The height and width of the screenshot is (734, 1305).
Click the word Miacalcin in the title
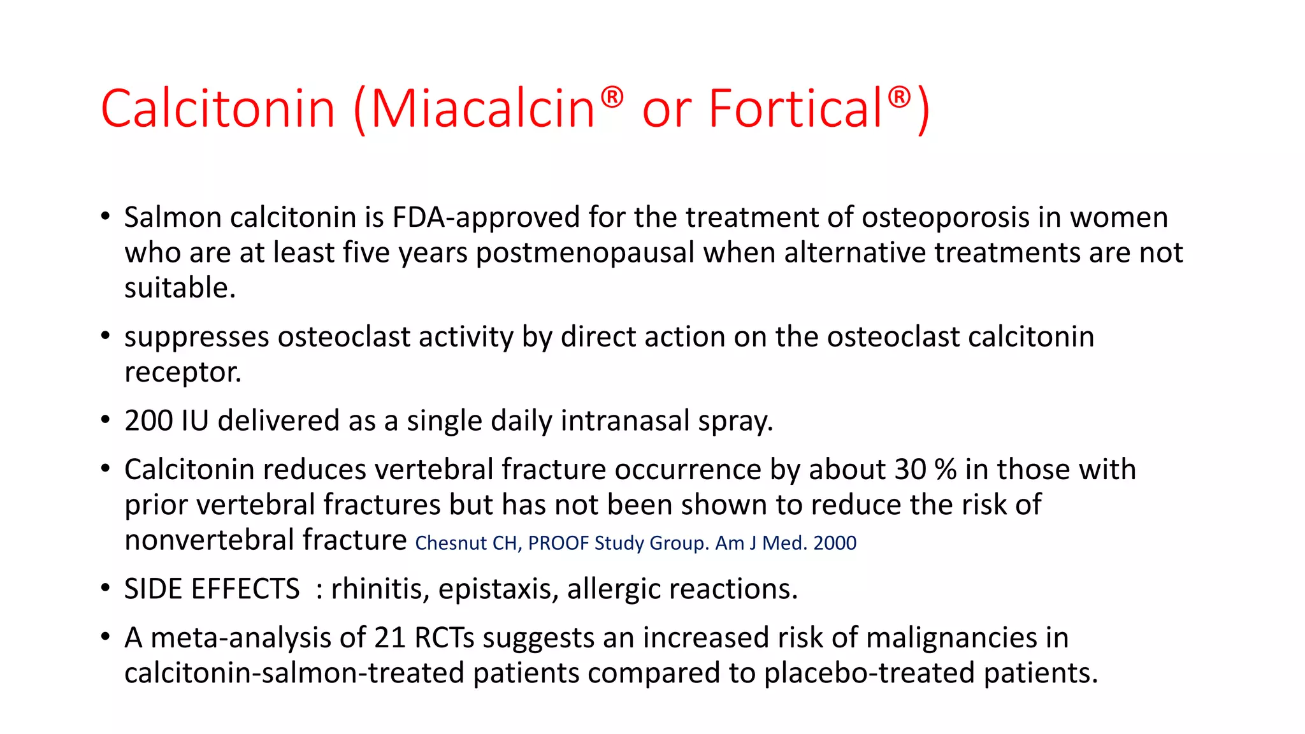(482, 108)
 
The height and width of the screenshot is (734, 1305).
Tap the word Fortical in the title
(795, 108)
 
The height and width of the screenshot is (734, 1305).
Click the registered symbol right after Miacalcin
(612, 97)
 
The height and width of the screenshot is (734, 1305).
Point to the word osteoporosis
(946, 217)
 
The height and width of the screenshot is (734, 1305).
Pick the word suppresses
(196, 337)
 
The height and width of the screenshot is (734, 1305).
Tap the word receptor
(182, 372)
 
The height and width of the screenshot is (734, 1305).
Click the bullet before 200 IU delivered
(106, 420)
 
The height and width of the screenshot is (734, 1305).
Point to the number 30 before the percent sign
(910, 470)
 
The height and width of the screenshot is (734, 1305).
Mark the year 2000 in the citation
(835, 543)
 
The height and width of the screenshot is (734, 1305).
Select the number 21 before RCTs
(390, 638)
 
